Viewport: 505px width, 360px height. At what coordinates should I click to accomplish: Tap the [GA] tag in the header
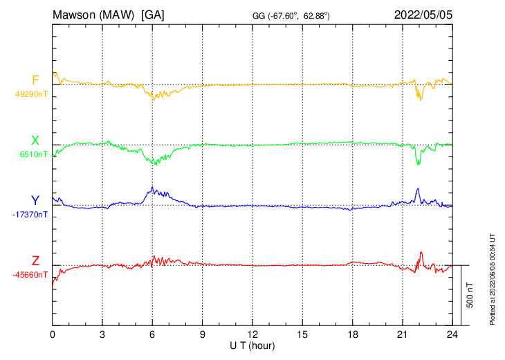click(x=153, y=14)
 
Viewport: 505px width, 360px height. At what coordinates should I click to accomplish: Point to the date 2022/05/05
click(x=423, y=14)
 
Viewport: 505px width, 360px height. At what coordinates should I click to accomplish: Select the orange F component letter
click(x=35, y=80)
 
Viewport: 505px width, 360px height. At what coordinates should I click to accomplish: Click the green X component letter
click(x=35, y=141)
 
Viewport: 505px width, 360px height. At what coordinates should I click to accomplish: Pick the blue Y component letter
click(x=35, y=201)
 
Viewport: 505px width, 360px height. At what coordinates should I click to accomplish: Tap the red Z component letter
click(x=35, y=261)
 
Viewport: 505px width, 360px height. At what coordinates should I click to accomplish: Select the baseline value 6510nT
click(x=33, y=154)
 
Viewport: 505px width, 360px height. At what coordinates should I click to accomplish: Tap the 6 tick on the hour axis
click(x=152, y=334)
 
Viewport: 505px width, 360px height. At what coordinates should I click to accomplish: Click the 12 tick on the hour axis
click(x=252, y=334)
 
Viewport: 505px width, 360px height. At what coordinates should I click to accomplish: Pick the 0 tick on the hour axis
click(x=53, y=334)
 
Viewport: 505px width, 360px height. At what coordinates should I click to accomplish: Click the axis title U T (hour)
click(x=252, y=345)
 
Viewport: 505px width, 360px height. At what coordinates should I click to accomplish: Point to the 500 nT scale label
click(x=470, y=295)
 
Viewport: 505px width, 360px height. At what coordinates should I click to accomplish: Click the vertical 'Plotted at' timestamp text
click(x=492, y=278)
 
